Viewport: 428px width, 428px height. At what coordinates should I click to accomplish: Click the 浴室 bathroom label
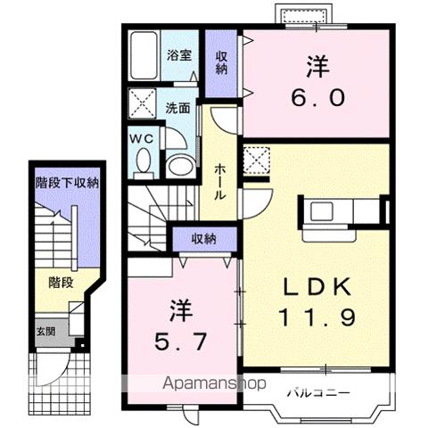179,55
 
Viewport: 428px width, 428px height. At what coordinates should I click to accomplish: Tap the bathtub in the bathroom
144,55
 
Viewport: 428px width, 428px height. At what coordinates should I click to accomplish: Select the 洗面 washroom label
177,108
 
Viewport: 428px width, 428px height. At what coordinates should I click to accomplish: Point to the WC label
143,138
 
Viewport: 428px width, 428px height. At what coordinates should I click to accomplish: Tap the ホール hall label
220,182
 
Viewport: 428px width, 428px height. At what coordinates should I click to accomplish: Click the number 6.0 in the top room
318,98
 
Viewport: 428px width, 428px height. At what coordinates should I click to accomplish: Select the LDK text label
317,287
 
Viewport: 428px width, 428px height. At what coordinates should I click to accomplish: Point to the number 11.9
317,317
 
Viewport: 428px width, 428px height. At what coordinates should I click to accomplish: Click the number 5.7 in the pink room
180,342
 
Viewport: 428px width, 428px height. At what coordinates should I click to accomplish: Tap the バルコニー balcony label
318,393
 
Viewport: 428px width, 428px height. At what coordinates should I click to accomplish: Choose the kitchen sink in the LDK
322,210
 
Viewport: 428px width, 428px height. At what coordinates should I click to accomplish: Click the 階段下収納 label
67,183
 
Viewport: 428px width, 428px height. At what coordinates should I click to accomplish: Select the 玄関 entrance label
46,332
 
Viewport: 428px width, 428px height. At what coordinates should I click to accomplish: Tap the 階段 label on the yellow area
61,283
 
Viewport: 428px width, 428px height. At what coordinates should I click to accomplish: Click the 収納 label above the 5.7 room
204,239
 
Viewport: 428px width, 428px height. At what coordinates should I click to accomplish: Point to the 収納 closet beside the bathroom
221,63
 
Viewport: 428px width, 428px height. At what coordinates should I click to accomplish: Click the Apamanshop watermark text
214,383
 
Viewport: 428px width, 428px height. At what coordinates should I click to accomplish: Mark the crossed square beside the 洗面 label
143,103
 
